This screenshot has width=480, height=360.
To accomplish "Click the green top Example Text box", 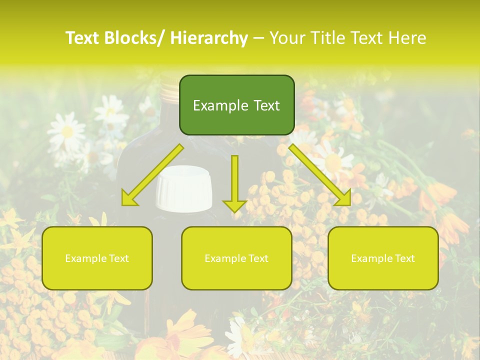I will coord(236,105).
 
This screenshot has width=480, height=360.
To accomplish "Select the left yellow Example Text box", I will coord(97,258).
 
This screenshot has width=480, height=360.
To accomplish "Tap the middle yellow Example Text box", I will coord(236,258).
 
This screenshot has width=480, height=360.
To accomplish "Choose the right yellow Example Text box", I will coord(383,258).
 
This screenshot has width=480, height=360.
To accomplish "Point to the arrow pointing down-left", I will coord(152,175).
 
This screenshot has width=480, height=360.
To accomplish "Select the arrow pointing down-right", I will coord(320,175).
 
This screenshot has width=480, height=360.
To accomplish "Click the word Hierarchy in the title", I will coord(209,38).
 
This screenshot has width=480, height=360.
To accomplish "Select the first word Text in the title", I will coord(82,38).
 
